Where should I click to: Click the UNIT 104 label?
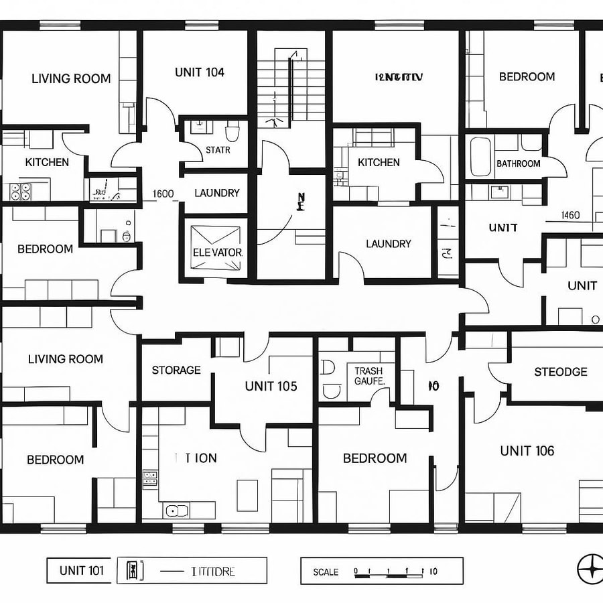199,72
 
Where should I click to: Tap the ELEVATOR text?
217,253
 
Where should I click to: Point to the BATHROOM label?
518,163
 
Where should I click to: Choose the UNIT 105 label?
271,386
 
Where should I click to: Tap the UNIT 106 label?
527,451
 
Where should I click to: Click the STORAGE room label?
176,370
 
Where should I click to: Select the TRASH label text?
368,371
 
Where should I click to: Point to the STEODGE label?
560,372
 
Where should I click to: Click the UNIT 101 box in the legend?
81,571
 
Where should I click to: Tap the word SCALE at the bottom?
326,572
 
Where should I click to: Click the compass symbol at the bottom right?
590,569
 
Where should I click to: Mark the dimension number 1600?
163,194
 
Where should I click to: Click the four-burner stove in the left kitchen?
21,192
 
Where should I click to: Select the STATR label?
218,150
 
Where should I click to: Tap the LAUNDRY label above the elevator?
216,193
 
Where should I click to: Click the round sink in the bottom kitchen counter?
176,511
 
